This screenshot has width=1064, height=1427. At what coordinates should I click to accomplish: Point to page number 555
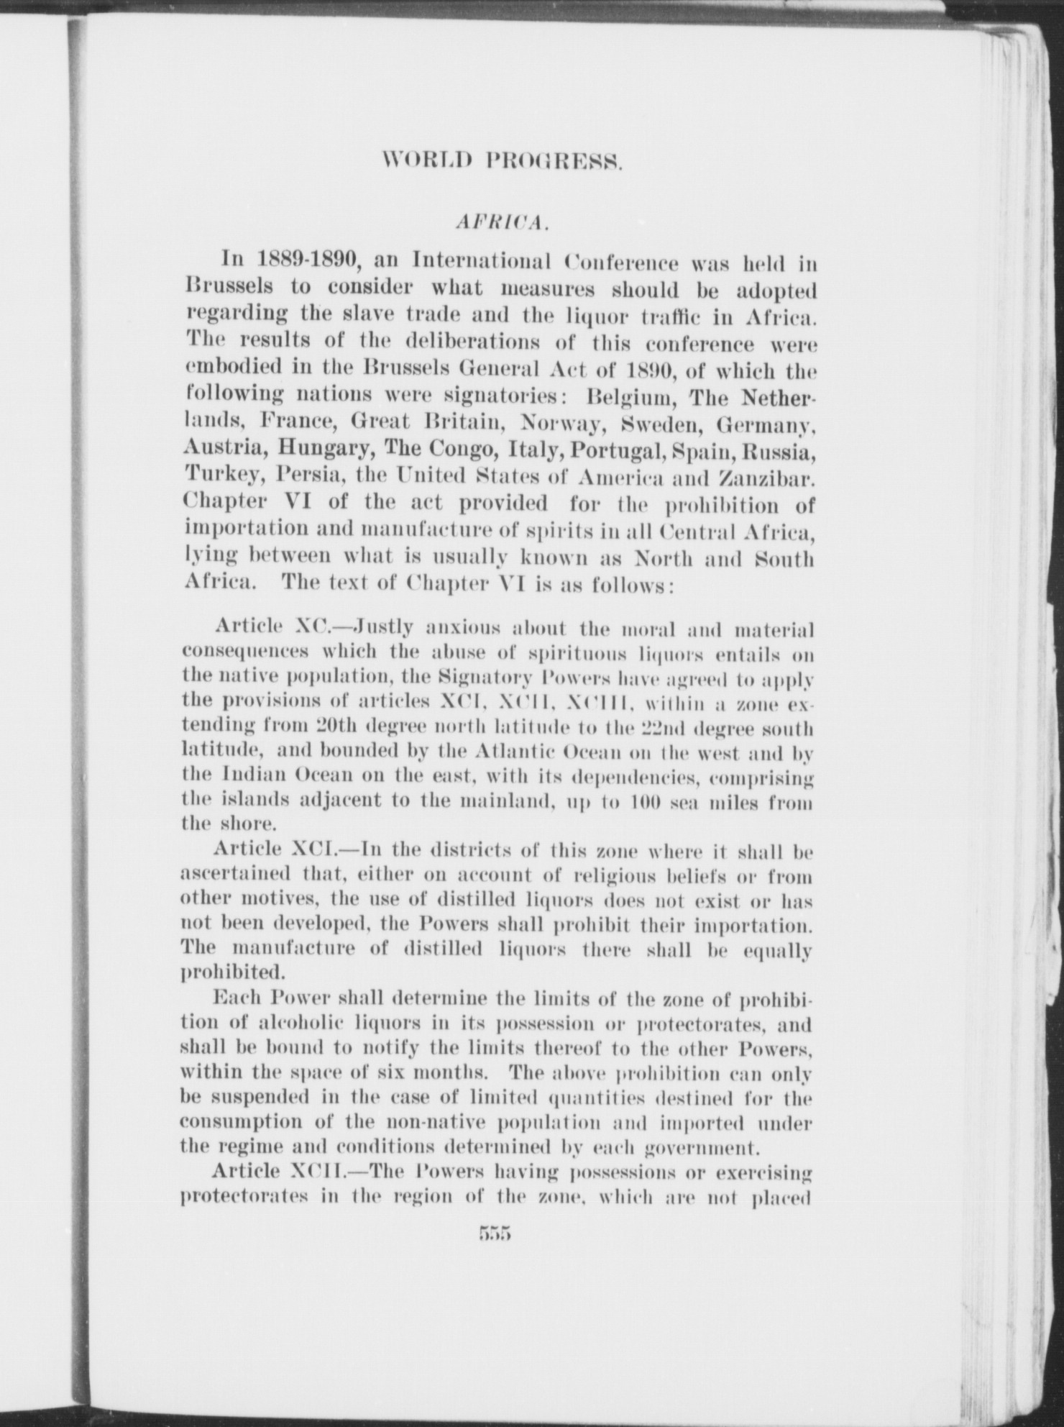[492, 1234]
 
